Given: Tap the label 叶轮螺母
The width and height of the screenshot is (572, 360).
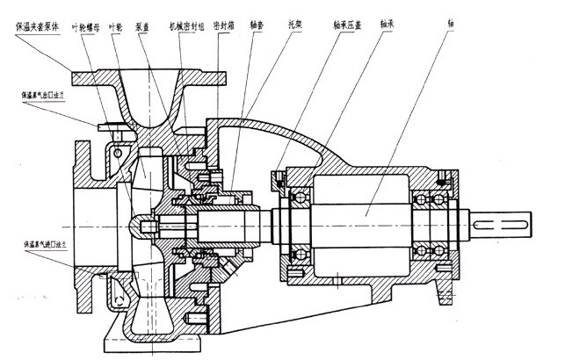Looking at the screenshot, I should [x=90, y=27].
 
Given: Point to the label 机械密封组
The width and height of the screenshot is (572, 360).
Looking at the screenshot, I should [x=185, y=27].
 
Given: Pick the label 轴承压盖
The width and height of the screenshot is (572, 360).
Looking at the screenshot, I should [x=346, y=27].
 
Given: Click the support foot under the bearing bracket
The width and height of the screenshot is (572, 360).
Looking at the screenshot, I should [x=439, y=299].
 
